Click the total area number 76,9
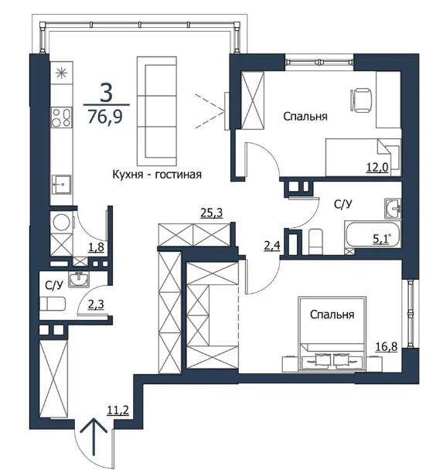coord(105,117)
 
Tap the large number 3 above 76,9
coord(106,93)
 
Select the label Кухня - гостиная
coord(157,175)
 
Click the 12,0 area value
coord(377,166)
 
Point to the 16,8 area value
coord(387,346)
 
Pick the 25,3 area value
coord(212,213)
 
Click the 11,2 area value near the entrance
coord(118,410)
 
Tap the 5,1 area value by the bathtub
coord(381,239)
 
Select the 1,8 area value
coord(97,247)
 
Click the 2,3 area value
coord(96,305)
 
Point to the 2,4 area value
coord(272,246)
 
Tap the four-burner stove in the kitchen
coord(62,117)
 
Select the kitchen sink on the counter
coord(62,185)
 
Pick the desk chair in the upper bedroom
coord(361,100)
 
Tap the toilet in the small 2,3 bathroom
coord(53,304)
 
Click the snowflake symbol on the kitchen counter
coord(62,73)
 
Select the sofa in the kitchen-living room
coord(157,111)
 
